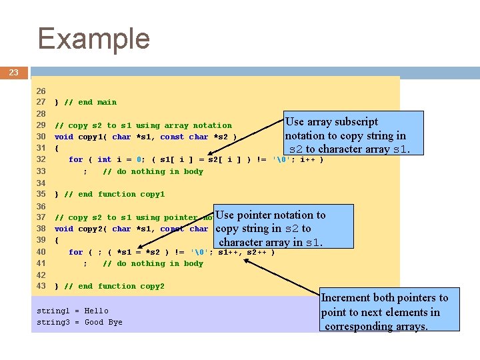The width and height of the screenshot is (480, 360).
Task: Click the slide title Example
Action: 94,39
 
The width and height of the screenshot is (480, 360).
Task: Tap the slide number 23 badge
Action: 13,72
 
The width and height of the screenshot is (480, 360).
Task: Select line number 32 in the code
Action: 41,159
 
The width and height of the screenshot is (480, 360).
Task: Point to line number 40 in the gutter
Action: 41,252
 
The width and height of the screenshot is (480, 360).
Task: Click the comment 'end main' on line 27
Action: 90,102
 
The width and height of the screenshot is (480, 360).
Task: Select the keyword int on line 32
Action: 105,159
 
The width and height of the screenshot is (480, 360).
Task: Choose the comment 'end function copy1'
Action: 114,194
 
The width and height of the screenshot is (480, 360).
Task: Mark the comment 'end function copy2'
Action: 114,286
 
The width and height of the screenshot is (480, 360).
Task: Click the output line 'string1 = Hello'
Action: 73,311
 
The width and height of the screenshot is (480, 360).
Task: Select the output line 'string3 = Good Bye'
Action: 80,322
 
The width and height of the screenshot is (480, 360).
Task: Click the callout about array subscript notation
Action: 353,135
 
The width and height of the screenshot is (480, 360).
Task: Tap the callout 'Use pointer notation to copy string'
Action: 283,228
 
